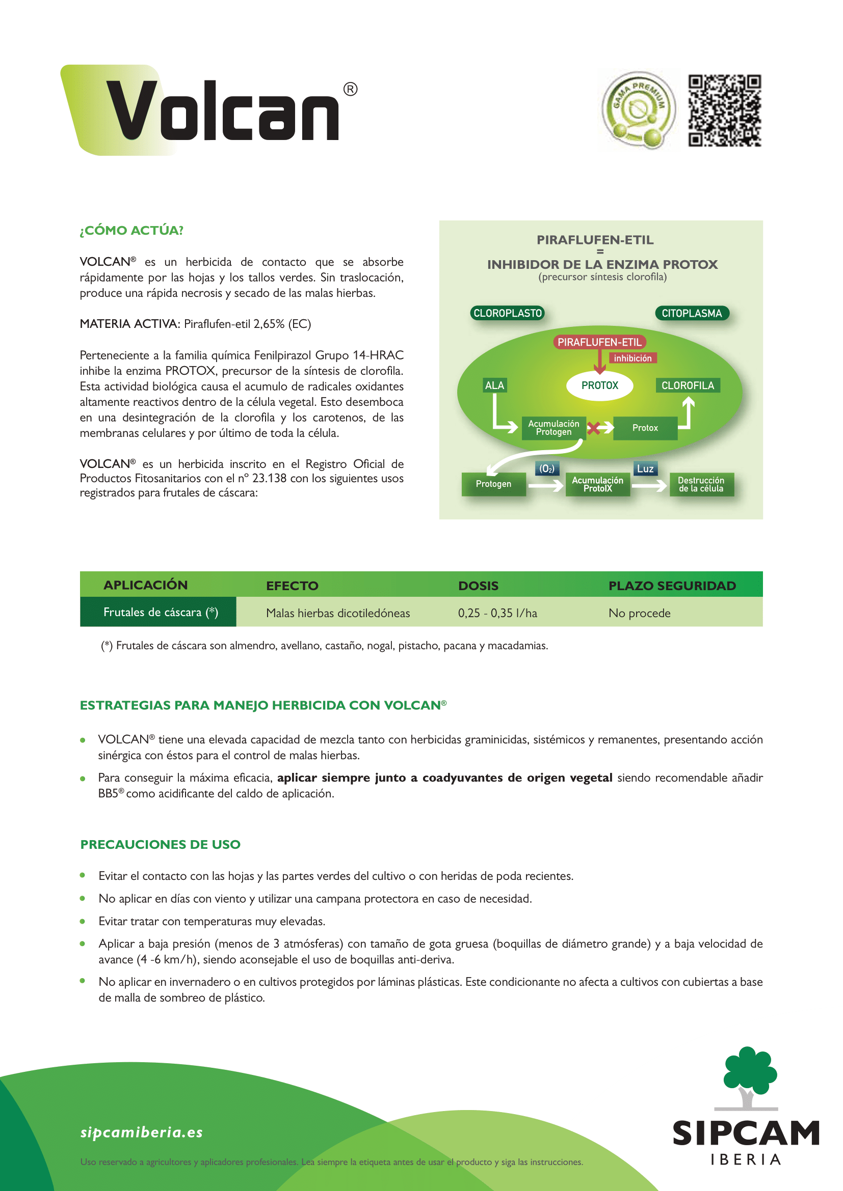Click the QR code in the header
(725, 110)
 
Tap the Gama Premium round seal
(639, 110)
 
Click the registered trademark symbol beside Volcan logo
(350, 89)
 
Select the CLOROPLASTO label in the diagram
(507, 313)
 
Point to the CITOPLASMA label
(692, 313)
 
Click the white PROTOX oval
(599, 385)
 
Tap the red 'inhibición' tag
(632, 358)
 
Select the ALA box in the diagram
(494, 385)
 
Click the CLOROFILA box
(687, 385)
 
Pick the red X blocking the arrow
(594, 428)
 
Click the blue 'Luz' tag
(645, 468)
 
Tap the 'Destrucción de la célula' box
(701, 484)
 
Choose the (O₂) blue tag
(546, 468)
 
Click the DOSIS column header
(478, 586)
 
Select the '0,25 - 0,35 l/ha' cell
(497, 613)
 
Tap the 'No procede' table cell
(639, 613)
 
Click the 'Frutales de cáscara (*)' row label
(161, 612)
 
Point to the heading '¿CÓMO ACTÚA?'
(131, 230)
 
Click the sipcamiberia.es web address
(141, 1132)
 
